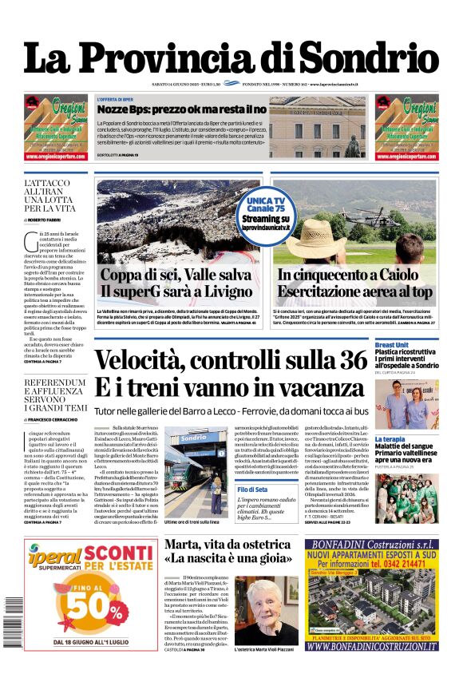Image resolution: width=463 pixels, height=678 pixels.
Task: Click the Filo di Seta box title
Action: pos(251,489)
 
